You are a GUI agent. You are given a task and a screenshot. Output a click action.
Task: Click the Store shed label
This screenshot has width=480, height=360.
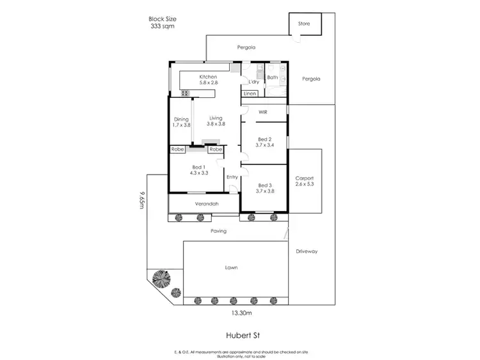pyautogui.click(x=304, y=24)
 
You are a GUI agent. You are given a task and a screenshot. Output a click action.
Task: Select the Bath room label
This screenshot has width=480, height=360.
pyautogui.click(x=272, y=77)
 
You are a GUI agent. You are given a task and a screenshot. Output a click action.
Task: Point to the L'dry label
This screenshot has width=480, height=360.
pyautogui.click(x=253, y=82)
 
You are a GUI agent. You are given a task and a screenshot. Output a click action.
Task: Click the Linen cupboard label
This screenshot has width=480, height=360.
pyautogui.click(x=250, y=94)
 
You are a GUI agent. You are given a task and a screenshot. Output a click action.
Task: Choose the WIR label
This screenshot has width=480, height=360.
pyautogui.click(x=262, y=112)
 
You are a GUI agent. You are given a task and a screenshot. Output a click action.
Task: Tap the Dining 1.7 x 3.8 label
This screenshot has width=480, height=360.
pyautogui.click(x=181, y=121)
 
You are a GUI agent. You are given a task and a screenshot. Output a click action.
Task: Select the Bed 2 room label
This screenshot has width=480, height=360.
pyautogui.click(x=265, y=142)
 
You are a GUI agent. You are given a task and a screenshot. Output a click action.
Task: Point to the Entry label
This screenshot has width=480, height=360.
pyautogui.click(x=232, y=177)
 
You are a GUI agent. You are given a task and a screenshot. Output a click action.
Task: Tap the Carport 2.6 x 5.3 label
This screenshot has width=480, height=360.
pyautogui.click(x=304, y=181)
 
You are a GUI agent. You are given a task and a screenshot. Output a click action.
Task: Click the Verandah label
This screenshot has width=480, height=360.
pyautogui.click(x=207, y=204)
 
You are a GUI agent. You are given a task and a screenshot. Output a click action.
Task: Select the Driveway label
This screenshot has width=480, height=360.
pyautogui.click(x=307, y=251)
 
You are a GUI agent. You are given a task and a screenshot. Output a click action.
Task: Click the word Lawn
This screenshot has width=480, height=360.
pyautogui.click(x=231, y=267)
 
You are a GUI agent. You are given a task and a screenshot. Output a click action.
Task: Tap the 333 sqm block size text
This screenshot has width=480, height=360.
pyautogui.click(x=161, y=27)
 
